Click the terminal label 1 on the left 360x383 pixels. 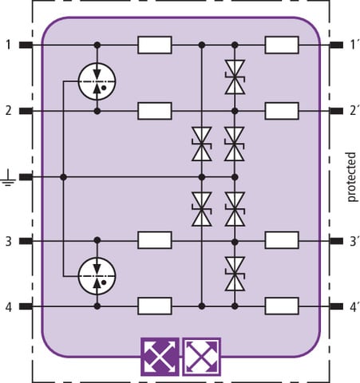click(x=9, y=45)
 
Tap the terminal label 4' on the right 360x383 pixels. click(x=354, y=306)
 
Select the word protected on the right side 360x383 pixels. click(x=351, y=177)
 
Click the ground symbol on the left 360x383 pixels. click(x=8, y=178)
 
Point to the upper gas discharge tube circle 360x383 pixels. click(x=97, y=81)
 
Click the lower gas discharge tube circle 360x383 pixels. click(x=97, y=276)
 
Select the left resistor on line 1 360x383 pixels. click(x=155, y=45)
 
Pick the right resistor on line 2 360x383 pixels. click(x=282, y=111)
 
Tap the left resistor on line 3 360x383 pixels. click(x=155, y=240)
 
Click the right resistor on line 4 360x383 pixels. click(x=282, y=306)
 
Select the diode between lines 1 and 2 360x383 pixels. click(x=235, y=77)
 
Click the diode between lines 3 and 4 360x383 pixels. click(x=235, y=274)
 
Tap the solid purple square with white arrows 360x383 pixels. click(x=160, y=357)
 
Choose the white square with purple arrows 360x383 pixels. click(x=202, y=357)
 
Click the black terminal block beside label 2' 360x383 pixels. click(x=336, y=111)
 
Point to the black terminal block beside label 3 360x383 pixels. click(x=26, y=241)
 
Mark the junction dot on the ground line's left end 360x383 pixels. click(x=63, y=177)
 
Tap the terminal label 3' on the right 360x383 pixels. click(x=354, y=242)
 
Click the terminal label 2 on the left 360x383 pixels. click(x=9, y=111)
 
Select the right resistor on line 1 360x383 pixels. click(x=282, y=45)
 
